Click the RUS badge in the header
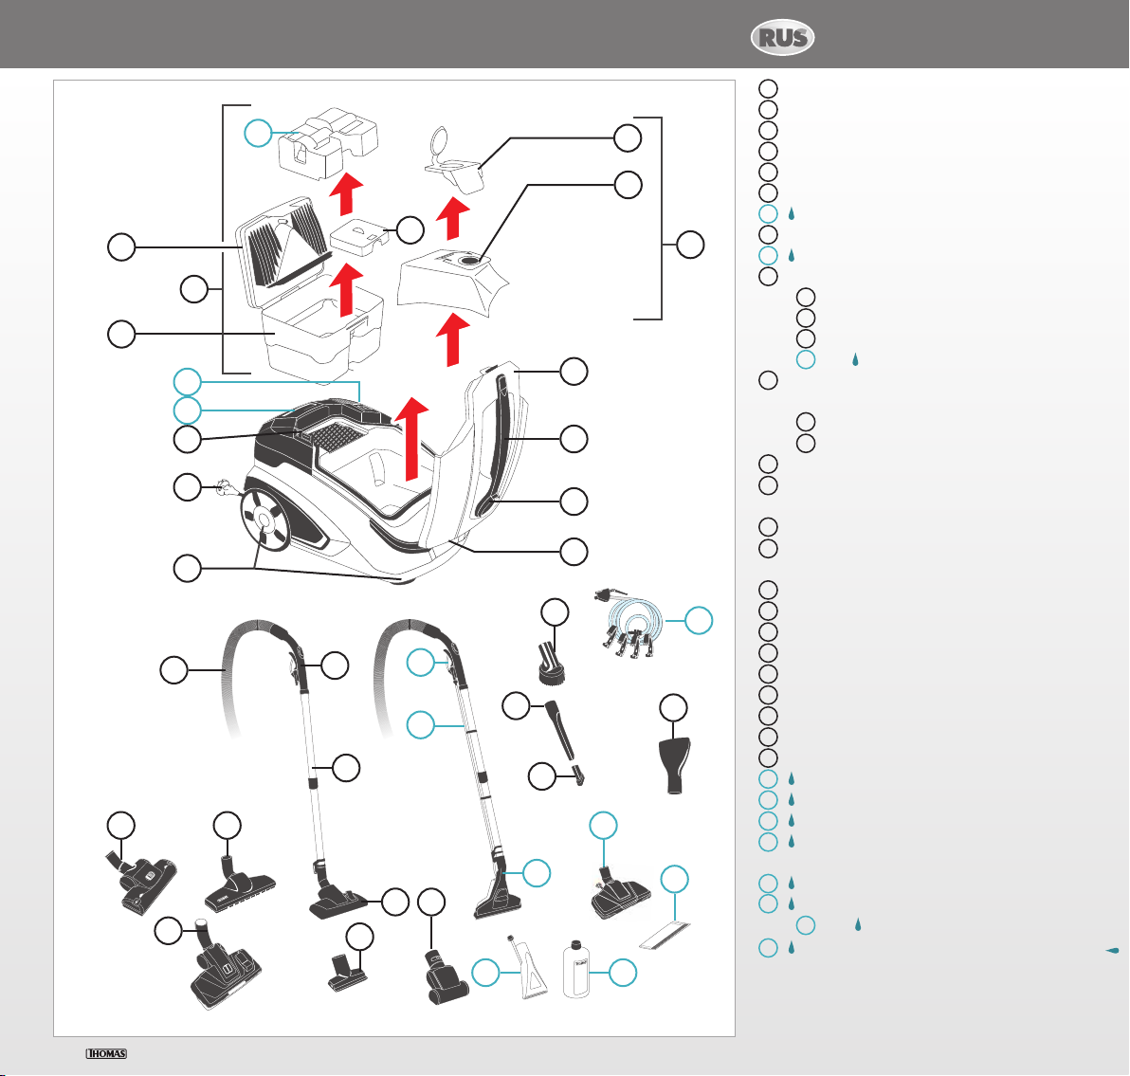(x=783, y=39)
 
